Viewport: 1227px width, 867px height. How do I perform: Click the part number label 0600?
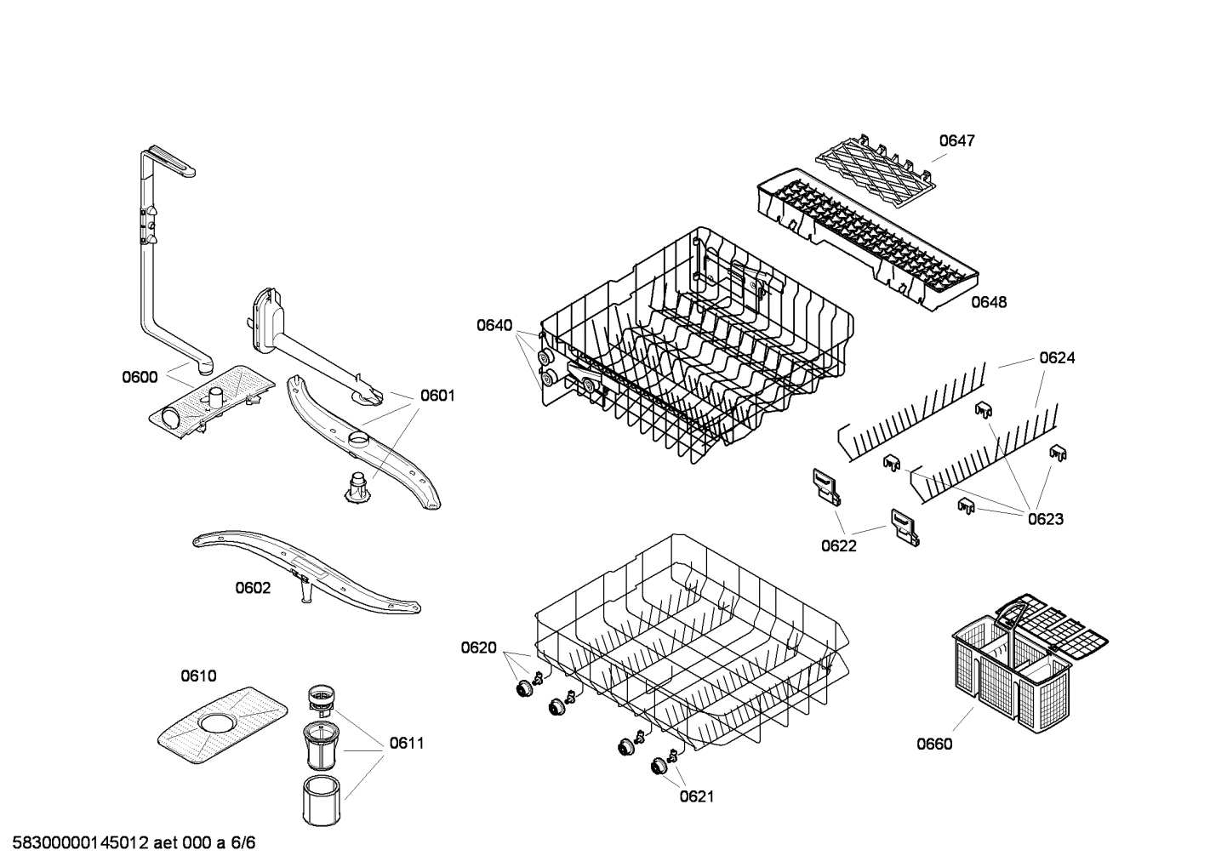coord(140,377)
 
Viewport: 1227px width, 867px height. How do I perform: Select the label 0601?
coord(437,396)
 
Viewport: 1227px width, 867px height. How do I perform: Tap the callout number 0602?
coord(253,588)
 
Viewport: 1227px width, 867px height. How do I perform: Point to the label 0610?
coord(198,676)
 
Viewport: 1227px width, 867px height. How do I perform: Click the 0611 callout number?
coord(407,743)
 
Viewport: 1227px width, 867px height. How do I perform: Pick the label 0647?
coord(956,140)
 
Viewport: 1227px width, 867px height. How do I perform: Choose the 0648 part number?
coord(989,302)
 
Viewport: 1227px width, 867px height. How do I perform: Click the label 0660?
coord(934,744)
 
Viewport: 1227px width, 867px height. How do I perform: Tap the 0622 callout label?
coord(839,545)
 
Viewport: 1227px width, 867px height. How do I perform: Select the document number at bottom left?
coord(128,843)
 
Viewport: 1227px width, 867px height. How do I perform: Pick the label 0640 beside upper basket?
coord(494,325)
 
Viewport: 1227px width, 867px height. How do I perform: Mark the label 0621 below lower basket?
coord(696,796)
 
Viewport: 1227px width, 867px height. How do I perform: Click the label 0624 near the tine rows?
coord(1057,358)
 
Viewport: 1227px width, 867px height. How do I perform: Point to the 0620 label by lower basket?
coord(478,648)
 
